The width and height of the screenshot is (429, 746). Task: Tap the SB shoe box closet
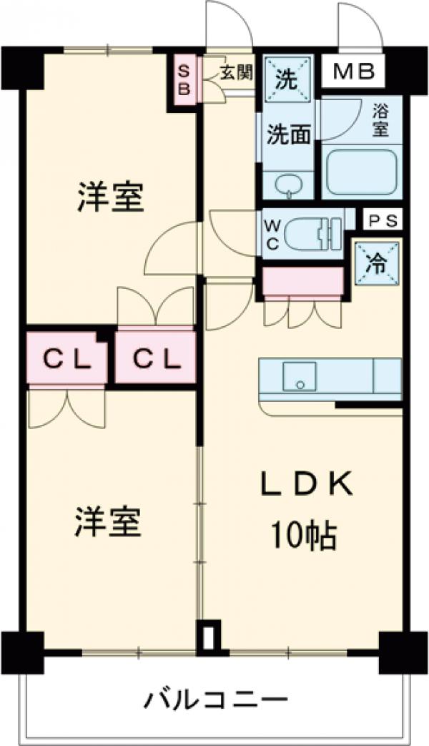184,79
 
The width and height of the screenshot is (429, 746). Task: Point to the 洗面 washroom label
288,134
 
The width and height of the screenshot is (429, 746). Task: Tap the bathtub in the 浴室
360,172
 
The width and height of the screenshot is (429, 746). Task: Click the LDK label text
305,485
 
